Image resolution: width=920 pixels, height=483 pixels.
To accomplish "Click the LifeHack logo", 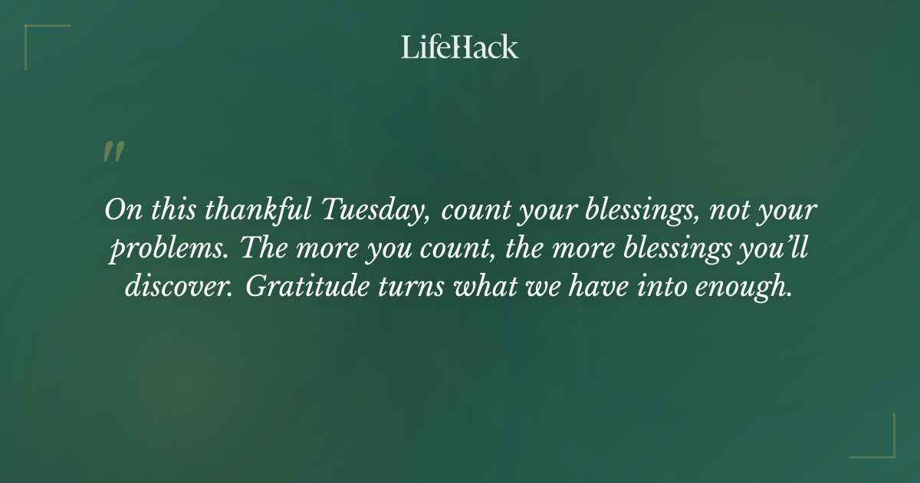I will pyautogui.click(x=460, y=47).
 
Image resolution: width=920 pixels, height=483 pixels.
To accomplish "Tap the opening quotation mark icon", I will pyautogui.click(x=113, y=152).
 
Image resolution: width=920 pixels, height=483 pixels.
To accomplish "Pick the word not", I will pyautogui.click(x=728, y=210).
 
